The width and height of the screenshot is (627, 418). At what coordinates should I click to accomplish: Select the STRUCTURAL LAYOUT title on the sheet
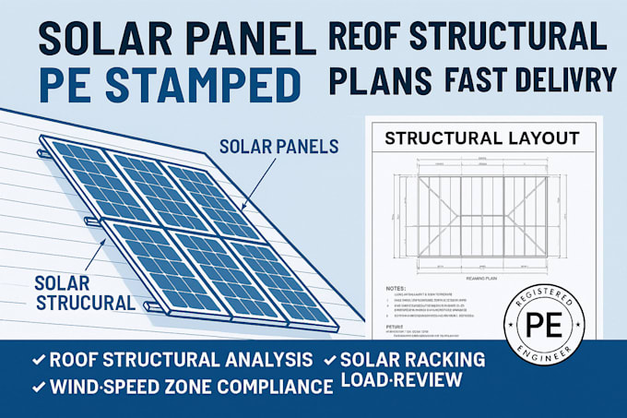(482, 139)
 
